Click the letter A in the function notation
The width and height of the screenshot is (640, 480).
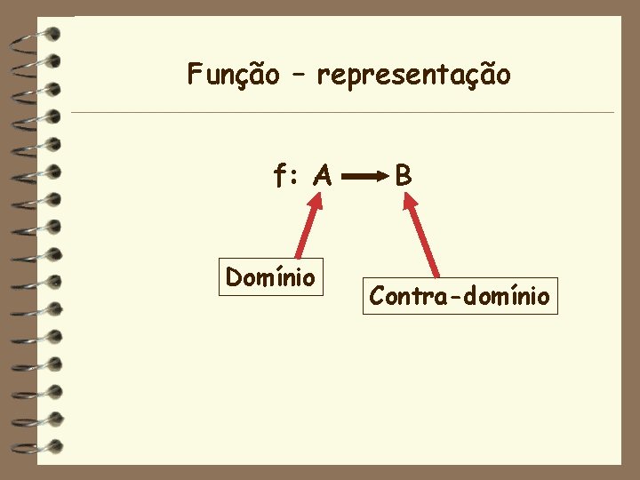pos(322,177)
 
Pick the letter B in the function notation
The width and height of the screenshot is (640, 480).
pos(404,176)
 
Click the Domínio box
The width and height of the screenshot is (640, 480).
pos(270,277)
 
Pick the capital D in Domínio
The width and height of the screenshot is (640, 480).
pos(234,277)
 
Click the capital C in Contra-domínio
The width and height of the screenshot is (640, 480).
pos(377,296)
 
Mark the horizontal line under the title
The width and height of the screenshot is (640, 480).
pos(342,113)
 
